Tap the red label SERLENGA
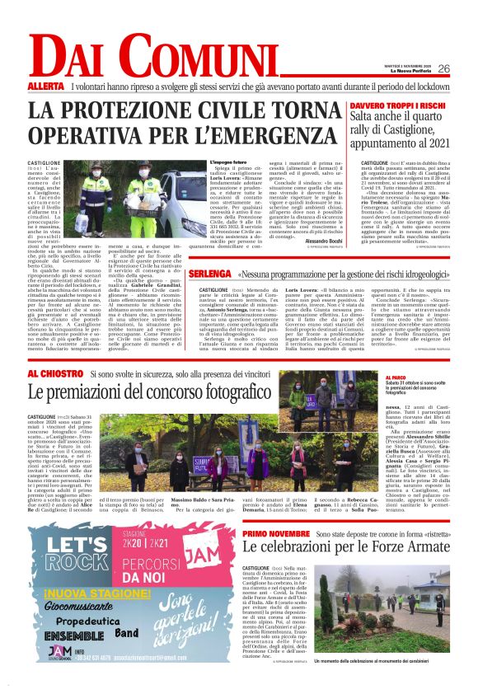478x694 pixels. (209, 273)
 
